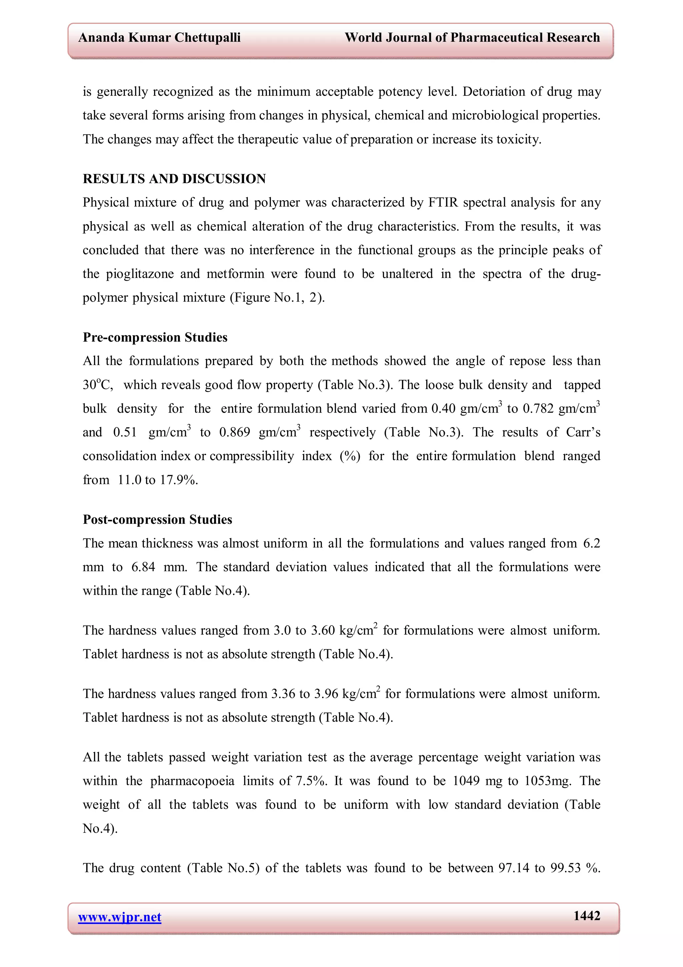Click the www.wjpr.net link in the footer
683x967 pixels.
pyautogui.click(x=119, y=917)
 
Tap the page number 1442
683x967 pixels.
pyautogui.click(x=587, y=916)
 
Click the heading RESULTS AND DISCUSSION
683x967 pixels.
pyautogui.click(x=174, y=179)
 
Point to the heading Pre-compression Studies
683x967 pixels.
pyautogui.click(x=155, y=337)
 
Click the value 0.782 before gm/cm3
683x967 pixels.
pyautogui.click(x=538, y=408)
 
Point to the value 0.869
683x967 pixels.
pyautogui.click(x=234, y=432)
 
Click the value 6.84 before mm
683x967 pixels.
pyautogui.click(x=143, y=567)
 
